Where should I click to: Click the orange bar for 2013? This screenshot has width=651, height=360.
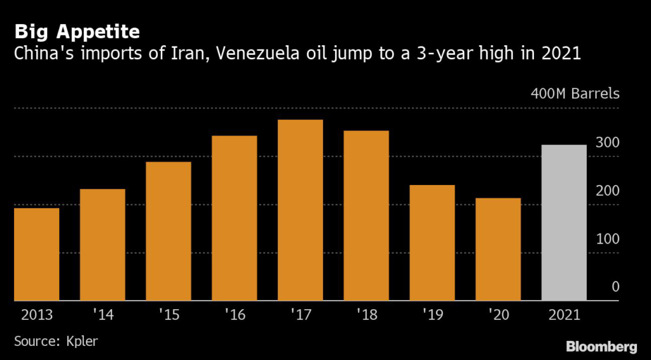point(36,254)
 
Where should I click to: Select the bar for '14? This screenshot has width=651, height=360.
point(102,245)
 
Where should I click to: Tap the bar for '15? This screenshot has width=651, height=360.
point(168,232)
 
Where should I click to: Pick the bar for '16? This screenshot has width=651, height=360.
point(235,218)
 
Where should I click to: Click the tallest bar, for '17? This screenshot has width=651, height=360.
point(301,210)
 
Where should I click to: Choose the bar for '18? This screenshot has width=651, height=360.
point(367,216)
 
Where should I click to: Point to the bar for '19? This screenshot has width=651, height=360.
point(432,242)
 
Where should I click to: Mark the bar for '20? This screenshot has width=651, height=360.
point(498,249)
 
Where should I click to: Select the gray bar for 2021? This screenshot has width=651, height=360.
point(565,223)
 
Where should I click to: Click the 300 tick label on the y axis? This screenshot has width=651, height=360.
point(607,142)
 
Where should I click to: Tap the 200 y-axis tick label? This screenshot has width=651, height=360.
point(607,191)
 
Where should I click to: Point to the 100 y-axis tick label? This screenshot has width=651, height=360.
point(607,239)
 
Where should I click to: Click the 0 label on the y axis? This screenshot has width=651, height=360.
point(615,286)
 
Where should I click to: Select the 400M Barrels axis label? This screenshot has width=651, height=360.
point(575,93)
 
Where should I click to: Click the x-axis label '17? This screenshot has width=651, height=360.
point(301,315)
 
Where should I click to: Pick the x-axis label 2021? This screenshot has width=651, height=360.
point(565,315)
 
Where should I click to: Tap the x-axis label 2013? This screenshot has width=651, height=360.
point(37,315)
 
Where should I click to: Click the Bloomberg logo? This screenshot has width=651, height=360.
point(601,346)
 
